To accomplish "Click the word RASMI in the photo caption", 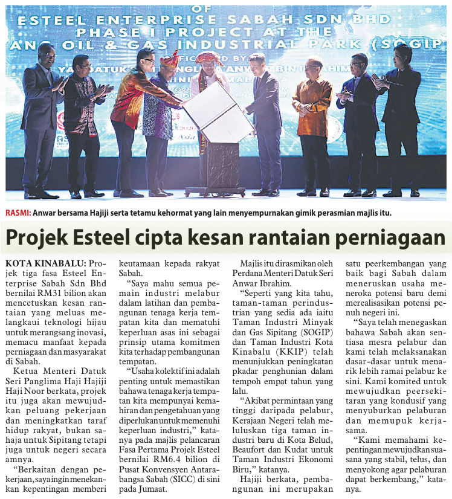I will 18,213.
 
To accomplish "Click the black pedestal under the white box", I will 216,166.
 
